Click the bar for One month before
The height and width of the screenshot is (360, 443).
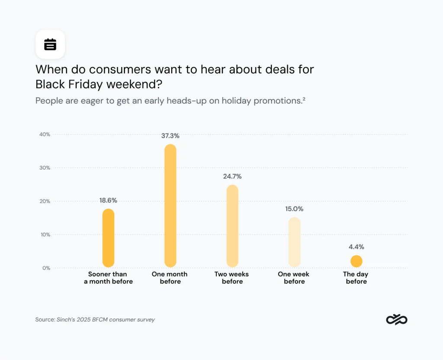pos(170,206)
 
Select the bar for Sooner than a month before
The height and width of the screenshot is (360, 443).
pos(108,238)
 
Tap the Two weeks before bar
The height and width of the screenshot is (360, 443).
pos(232,226)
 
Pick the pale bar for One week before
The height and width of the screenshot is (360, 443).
pos(295,242)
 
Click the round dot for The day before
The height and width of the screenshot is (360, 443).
pos(356,261)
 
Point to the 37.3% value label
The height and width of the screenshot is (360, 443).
pos(170,136)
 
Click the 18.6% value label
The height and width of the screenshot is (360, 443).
pos(108,200)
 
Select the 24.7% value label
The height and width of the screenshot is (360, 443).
pos(232,177)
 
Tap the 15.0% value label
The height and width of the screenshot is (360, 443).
pos(294,209)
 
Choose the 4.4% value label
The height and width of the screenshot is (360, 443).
pos(356,247)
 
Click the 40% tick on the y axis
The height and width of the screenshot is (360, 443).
pos(45,135)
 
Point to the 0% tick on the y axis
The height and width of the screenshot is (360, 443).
pos(46,268)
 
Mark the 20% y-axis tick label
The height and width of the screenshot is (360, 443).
pos(45,201)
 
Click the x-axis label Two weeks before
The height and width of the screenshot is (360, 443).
pos(232,278)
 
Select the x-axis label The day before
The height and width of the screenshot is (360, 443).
pos(355,278)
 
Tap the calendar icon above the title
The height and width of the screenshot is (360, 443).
pos(50,44)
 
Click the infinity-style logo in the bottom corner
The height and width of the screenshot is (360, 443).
pos(397,319)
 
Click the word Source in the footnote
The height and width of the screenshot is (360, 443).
pos(45,320)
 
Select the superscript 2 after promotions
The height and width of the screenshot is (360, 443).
pos(304,99)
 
